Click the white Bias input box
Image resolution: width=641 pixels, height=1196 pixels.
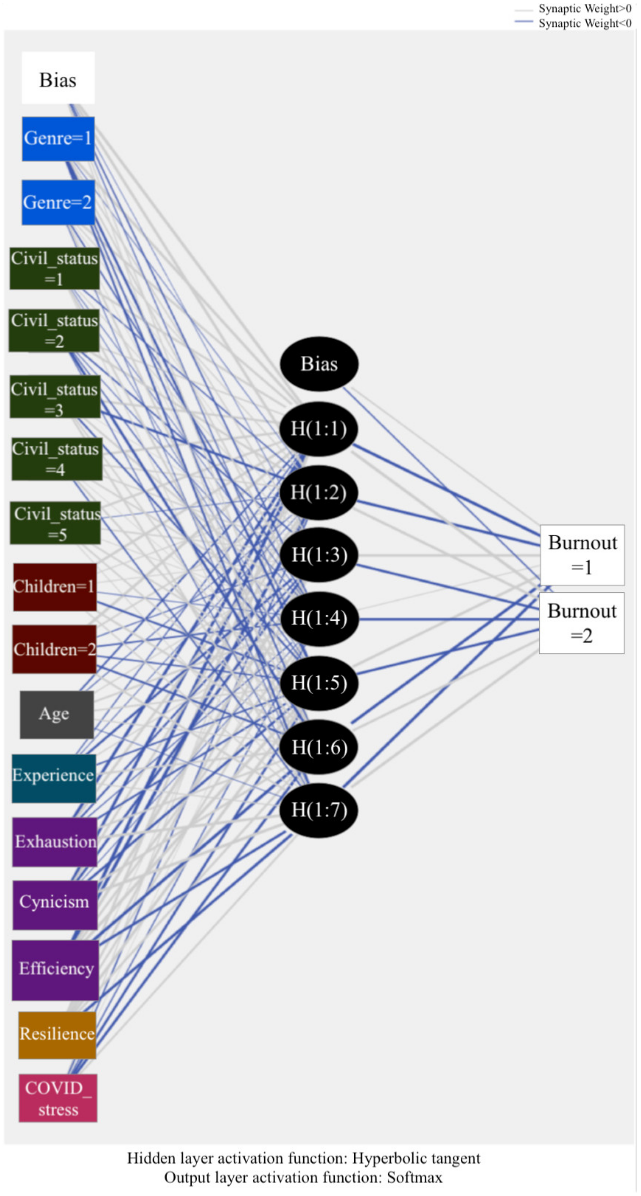pos(58,78)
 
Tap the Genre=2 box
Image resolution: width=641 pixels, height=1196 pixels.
pos(58,202)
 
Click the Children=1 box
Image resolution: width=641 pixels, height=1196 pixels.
pos(55,587)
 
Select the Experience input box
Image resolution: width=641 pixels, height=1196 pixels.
pos(54,778)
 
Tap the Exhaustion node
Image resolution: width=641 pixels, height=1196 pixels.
pos(55,842)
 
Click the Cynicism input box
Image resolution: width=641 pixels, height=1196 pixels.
pos(55,904)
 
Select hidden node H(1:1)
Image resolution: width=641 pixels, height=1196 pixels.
pos(319,429)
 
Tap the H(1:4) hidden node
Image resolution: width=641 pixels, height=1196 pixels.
pos(319,618)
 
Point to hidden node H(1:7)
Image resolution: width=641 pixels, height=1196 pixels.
pos(319,810)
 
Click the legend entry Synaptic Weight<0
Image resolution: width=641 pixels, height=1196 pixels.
pos(584,23)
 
